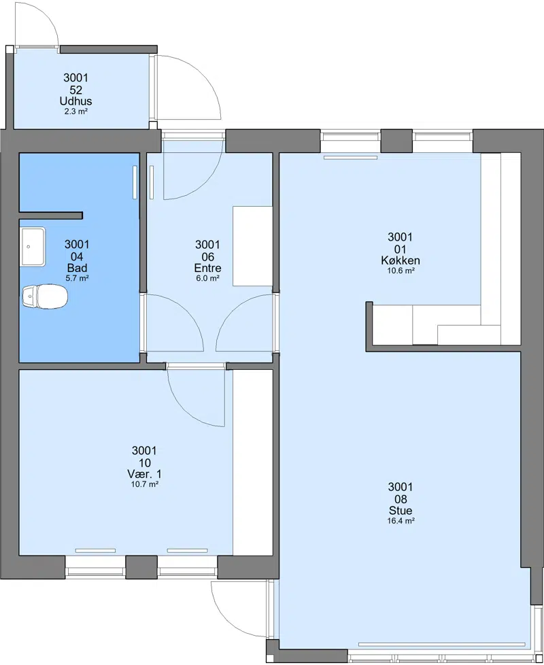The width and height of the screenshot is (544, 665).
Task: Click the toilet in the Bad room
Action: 45,296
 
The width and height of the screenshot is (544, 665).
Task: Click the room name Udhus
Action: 76,101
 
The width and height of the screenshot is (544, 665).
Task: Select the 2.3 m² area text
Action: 76,112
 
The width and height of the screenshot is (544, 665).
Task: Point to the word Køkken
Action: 401,260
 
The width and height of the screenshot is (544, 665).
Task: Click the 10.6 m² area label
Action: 401,271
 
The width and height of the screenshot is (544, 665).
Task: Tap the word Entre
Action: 208,268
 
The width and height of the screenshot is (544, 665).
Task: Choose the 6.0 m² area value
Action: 208,278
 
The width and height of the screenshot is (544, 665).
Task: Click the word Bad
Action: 77,268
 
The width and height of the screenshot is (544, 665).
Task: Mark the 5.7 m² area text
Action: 77,278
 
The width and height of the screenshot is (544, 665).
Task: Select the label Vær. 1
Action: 144,474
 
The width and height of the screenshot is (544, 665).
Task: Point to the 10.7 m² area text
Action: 145,484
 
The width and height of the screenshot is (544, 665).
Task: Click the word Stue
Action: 401,511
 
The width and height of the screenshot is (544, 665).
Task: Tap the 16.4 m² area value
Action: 401,521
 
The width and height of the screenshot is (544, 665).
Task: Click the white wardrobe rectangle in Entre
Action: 252,246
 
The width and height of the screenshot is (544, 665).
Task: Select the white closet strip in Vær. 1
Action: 253,462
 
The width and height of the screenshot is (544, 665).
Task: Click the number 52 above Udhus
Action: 76,90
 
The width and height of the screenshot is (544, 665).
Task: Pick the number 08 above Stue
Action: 401,499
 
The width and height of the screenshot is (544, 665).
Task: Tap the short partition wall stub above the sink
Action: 51,216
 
